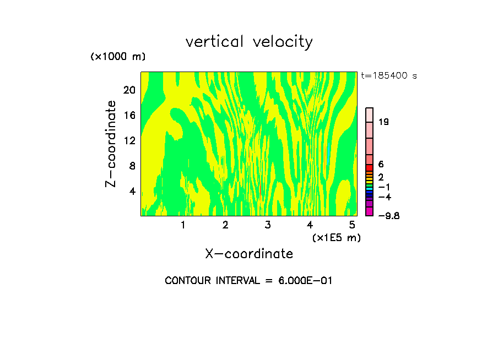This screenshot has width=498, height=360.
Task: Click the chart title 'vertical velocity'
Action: pyautogui.click(x=249, y=42)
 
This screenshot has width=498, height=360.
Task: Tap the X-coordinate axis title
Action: pyautogui.click(x=249, y=254)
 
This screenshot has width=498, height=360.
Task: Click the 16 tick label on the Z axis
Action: pyautogui.click(x=129, y=115)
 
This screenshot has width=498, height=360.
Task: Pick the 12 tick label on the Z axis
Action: pyautogui.click(x=129, y=140)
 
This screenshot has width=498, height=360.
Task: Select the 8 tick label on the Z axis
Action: pyautogui.click(x=132, y=166)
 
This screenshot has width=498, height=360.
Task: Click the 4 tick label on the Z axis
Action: pyautogui.click(x=132, y=192)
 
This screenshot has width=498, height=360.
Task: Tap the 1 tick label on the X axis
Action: pyautogui.click(x=183, y=225)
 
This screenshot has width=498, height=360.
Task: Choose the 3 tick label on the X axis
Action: pyautogui.click(x=268, y=225)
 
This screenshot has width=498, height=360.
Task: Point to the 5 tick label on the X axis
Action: pyautogui.click(x=352, y=225)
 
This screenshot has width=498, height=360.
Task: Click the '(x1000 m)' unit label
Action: pyautogui.click(x=118, y=57)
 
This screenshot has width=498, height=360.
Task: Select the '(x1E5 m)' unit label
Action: pyautogui.click(x=336, y=238)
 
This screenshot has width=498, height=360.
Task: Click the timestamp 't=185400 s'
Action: pyautogui.click(x=389, y=75)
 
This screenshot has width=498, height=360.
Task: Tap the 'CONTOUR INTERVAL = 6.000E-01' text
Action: pyautogui.click(x=249, y=281)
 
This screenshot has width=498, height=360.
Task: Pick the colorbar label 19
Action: pyautogui.click(x=384, y=122)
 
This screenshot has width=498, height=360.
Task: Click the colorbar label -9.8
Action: pyautogui.click(x=388, y=216)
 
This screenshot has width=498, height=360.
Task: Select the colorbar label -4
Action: pyautogui.click(x=385, y=197)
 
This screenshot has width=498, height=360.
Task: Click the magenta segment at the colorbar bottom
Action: pyautogui.click(x=370, y=211)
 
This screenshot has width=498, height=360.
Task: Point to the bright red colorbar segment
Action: pyautogui.click(x=370, y=167)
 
